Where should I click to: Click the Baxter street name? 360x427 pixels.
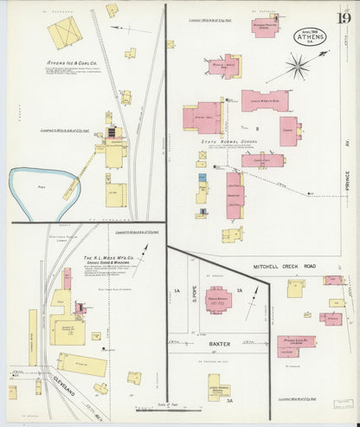point(222,345)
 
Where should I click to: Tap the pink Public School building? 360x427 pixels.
point(220,299)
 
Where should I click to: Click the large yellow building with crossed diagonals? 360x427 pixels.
point(64,32)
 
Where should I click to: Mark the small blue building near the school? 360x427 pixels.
point(202,178)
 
